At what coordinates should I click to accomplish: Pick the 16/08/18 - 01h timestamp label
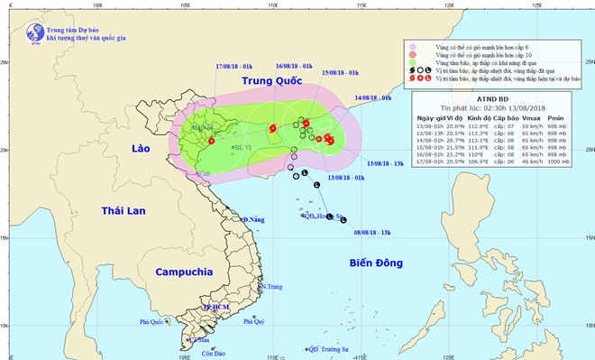295,67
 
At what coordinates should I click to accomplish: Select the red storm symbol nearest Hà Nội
211,141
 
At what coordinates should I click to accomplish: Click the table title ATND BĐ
500,100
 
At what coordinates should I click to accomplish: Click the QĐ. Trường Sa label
330,349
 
